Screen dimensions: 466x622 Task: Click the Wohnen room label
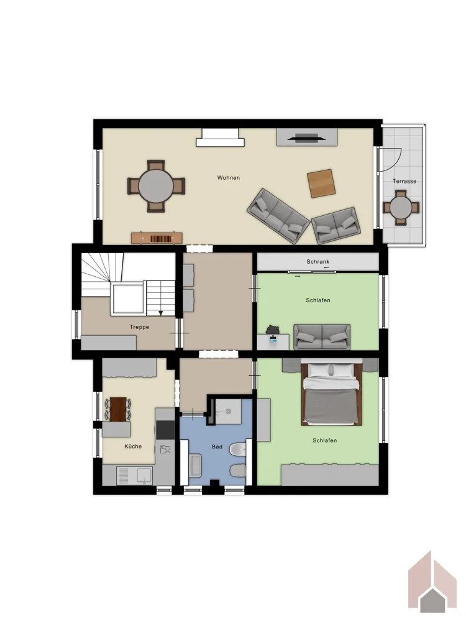coord(228,178)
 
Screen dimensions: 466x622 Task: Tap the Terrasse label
coord(404,181)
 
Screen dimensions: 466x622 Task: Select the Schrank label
coord(318,262)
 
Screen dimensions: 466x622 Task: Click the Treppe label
coord(139,327)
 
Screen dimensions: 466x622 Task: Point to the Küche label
coord(133,446)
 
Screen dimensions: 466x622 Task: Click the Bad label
coord(217,447)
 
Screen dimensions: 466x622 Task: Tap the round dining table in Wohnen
coord(156,186)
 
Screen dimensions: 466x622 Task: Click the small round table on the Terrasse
coord(401,208)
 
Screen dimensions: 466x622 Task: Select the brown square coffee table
coord(321,183)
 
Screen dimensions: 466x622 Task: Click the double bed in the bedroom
coord(331,392)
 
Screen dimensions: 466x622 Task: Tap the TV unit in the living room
coord(307,137)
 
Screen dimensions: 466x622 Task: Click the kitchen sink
coord(134,476)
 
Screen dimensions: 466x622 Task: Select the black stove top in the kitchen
coord(165,430)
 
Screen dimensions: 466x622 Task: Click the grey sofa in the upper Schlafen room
coord(322,337)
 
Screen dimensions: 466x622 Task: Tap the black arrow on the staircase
coord(161,313)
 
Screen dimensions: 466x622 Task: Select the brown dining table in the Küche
coord(118,409)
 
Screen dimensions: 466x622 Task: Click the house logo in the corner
coord(432,582)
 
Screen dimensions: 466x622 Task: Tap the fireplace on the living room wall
coord(220,137)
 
